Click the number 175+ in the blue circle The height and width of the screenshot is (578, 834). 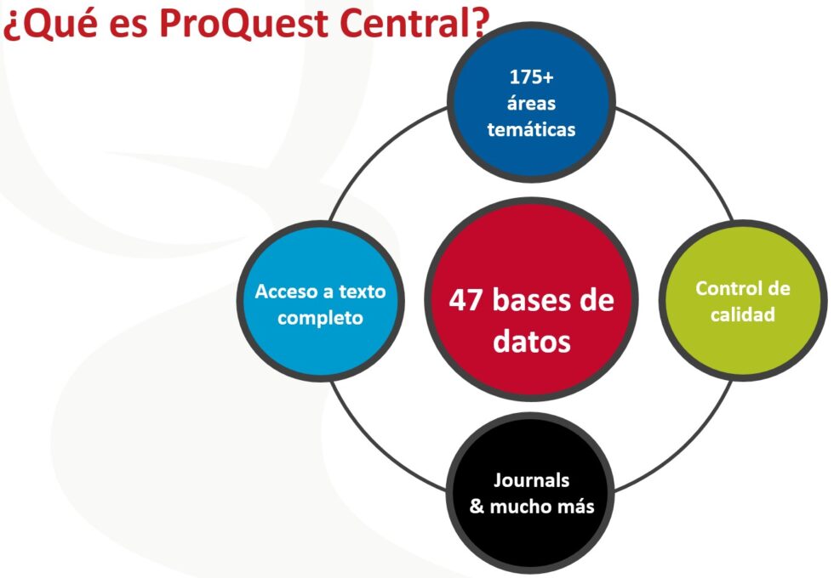click(x=531, y=76)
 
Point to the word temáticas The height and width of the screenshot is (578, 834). click(x=531, y=130)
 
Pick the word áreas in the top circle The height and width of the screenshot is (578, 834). click(x=531, y=104)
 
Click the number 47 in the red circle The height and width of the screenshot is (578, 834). click(x=468, y=301)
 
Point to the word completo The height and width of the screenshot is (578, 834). click(x=320, y=319)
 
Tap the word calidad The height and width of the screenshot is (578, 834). click(x=743, y=314)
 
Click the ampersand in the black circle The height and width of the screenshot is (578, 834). click(x=477, y=507)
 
